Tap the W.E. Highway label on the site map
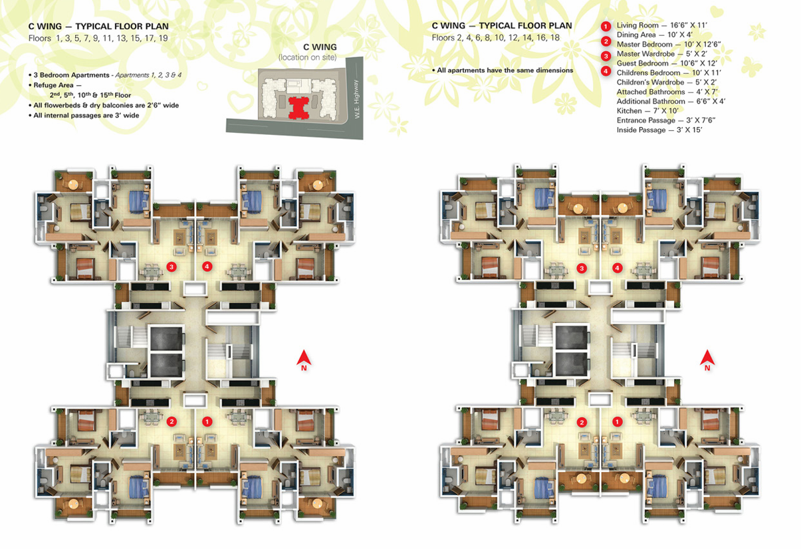(x=356, y=99)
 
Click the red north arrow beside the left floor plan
(x=304, y=360)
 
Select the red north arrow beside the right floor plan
(x=707, y=360)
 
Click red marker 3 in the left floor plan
(x=172, y=267)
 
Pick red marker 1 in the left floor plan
(x=207, y=421)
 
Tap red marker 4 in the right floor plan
(x=617, y=268)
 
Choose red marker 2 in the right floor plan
(x=582, y=423)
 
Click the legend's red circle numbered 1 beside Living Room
(x=606, y=26)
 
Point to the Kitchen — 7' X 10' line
(x=647, y=111)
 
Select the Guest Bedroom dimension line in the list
(x=667, y=63)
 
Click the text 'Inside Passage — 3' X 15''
(x=659, y=130)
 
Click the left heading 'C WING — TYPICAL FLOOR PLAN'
(x=98, y=26)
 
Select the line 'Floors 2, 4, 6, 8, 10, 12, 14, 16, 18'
(x=496, y=38)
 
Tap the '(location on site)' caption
(x=308, y=57)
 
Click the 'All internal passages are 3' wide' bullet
(x=84, y=115)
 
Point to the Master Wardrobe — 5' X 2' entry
(x=662, y=54)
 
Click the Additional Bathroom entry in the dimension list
(x=671, y=101)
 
